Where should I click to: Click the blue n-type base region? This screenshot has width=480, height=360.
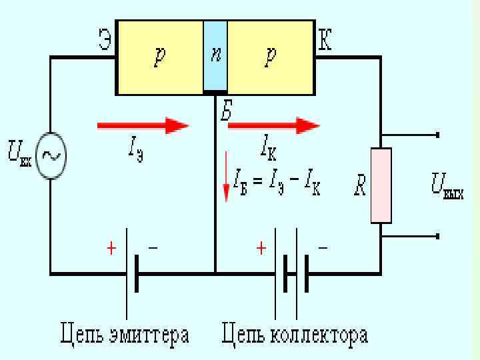(x=215, y=57)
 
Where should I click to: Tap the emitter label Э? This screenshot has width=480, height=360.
(x=104, y=41)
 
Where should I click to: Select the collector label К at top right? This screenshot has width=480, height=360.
(x=325, y=41)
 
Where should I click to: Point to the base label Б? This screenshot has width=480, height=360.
(x=226, y=112)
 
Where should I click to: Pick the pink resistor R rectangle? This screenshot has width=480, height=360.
(x=381, y=185)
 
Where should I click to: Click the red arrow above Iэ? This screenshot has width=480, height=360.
(x=143, y=125)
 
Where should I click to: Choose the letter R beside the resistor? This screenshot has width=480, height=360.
(x=359, y=185)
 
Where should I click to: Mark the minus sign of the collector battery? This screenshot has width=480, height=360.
(x=323, y=248)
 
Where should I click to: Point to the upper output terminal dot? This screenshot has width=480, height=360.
(x=438, y=135)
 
